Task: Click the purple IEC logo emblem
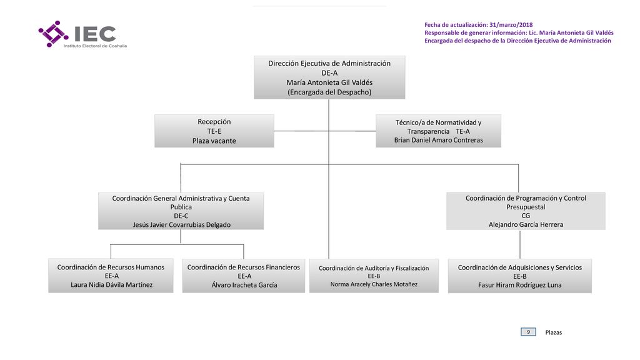tap(54, 34)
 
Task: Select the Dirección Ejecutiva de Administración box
tap(329, 77)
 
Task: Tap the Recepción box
tap(214, 131)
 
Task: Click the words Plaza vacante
tap(214, 141)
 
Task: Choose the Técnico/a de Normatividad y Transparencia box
tap(438, 131)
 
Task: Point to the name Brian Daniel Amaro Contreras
tap(438, 140)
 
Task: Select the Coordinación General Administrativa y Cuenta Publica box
tap(181, 211)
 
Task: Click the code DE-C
tap(181, 216)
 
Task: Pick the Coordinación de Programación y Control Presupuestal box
tap(526, 211)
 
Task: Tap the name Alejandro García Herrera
tap(526, 224)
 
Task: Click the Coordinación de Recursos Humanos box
tap(111, 276)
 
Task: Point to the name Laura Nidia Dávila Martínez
tap(111, 285)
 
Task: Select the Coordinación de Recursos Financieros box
tap(244, 276)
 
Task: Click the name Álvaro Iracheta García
tap(244, 285)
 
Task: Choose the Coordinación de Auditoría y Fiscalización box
tap(374, 276)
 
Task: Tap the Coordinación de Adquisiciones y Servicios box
tap(519, 276)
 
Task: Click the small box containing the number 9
tap(528, 332)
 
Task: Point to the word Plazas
tap(554, 332)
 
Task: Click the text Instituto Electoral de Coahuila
tap(95, 46)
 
